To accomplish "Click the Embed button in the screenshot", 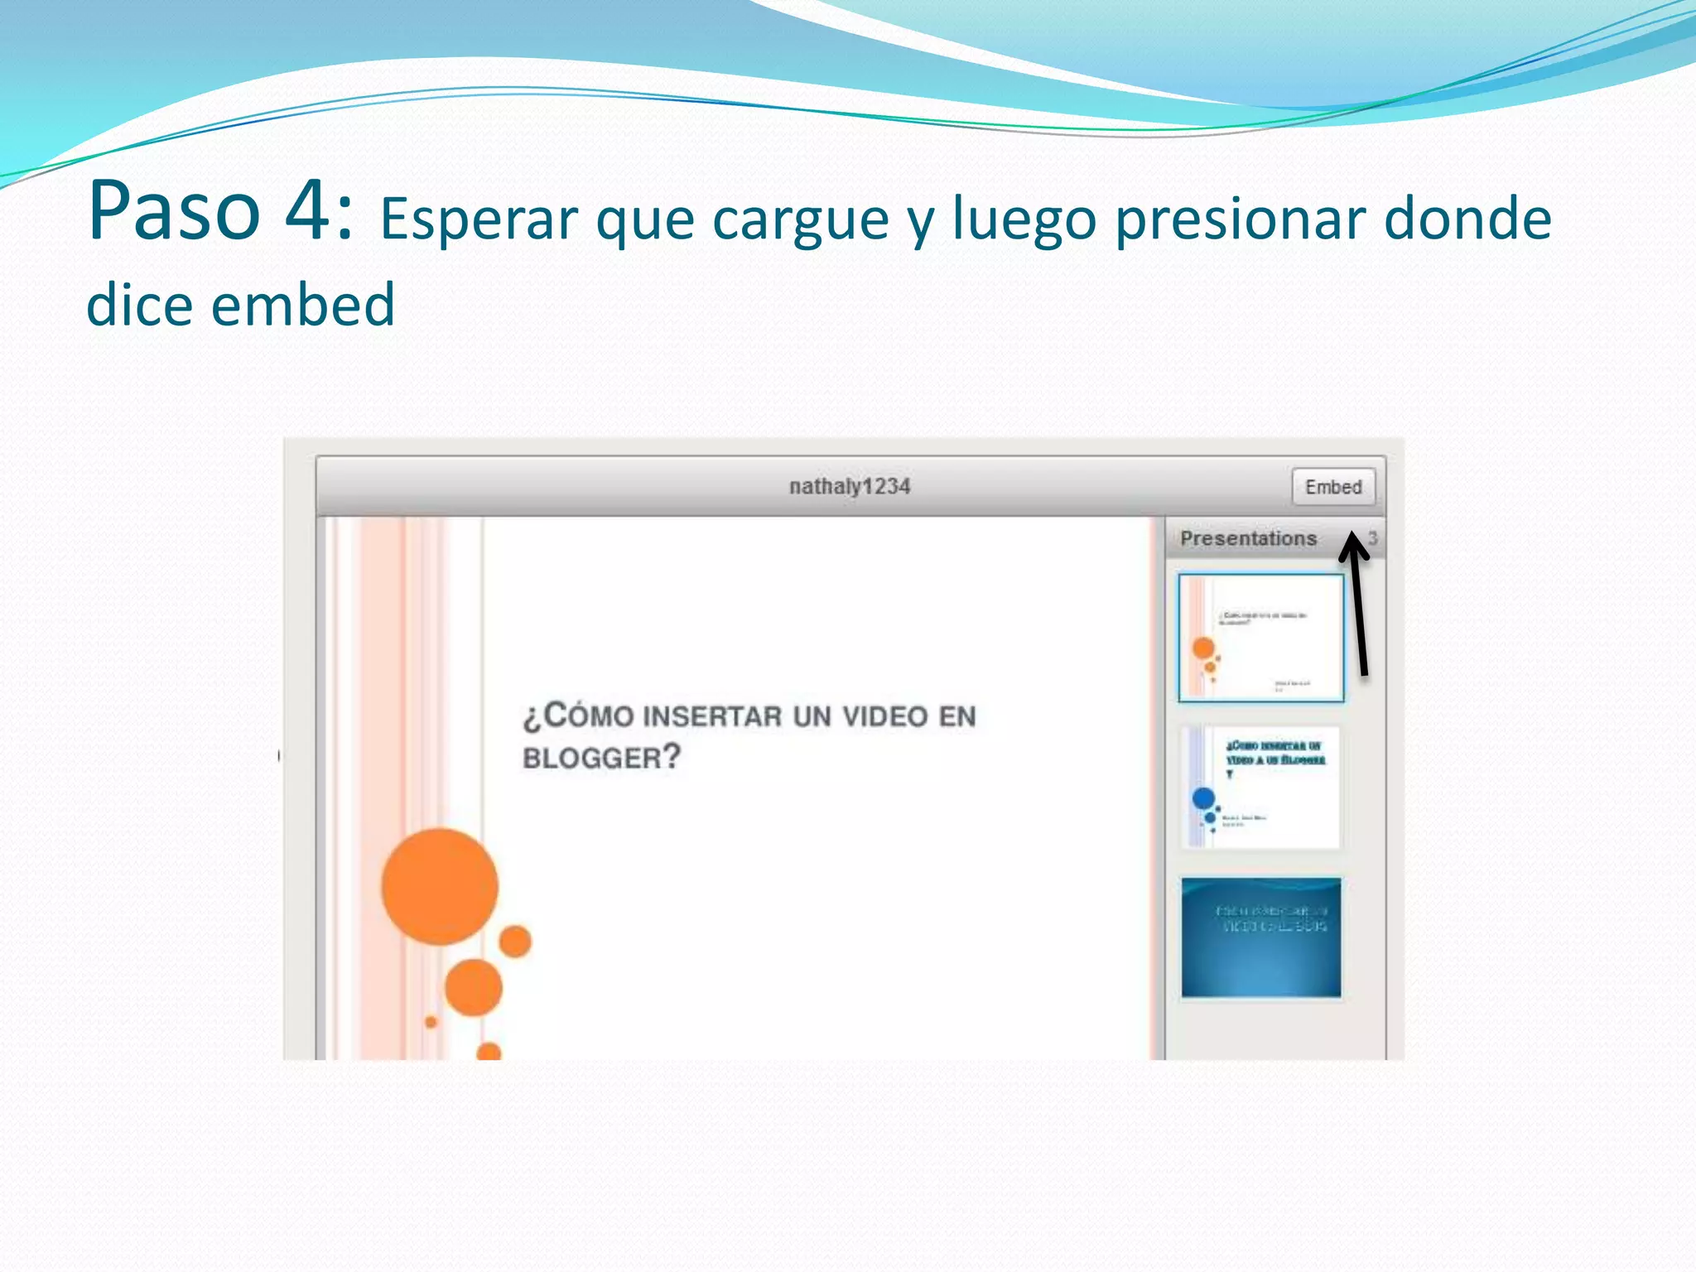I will (1332, 487).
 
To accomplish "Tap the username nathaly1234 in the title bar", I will (850, 487).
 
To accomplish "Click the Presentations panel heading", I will (1248, 538).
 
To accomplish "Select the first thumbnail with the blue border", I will (1260, 638).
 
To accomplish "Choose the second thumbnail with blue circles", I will (1260, 787).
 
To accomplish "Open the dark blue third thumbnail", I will (1260, 937).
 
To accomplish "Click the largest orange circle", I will (440, 886).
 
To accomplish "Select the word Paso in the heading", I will (174, 211).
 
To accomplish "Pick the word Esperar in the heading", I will (479, 219).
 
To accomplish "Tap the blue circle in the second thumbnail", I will (1203, 798).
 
